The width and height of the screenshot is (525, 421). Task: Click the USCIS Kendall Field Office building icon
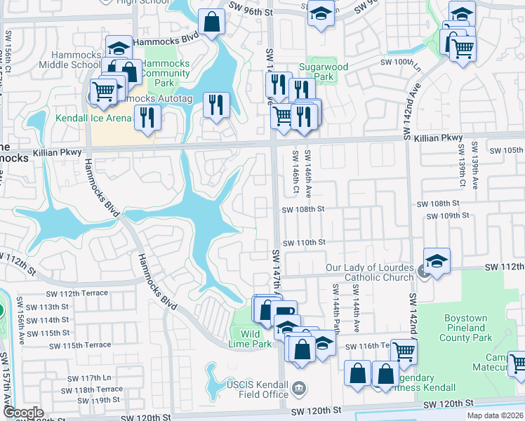pyautogui.click(x=298, y=388)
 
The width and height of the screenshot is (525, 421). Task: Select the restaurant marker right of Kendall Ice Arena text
pyautogui.click(x=147, y=116)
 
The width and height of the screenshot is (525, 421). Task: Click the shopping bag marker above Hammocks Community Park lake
pyautogui.click(x=211, y=22)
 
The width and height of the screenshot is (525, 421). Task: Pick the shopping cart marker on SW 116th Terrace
pyautogui.click(x=404, y=350)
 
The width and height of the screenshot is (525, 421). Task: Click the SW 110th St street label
pyautogui.click(x=304, y=242)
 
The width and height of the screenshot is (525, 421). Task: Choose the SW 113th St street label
pyautogui.click(x=59, y=307)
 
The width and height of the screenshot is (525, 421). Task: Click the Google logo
pyautogui.click(x=23, y=413)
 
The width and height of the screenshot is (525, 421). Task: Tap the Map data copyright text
pyautogui.click(x=494, y=415)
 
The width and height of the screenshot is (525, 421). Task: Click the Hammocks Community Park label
pyautogui.click(x=166, y=73)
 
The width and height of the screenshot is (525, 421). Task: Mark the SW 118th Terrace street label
pyautogui.click(x=99, y=389)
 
